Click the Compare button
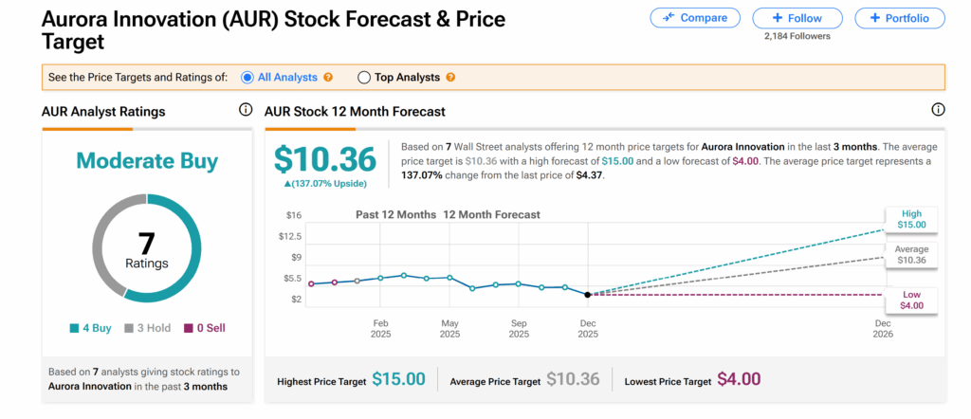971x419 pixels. (x=695, y=18)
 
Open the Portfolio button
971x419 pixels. (x=900, y=18)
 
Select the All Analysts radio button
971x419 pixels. (x=248, y=77)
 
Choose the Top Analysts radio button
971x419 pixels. (x=364, y=77)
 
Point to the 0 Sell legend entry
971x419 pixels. (x=203, y=328)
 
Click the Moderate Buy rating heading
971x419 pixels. (x=147, y=161)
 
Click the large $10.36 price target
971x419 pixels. (x=324, y=158)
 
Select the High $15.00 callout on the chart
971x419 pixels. (x=912, y=219)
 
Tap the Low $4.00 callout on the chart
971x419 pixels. (x=912, y=301)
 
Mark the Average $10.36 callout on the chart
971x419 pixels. (x=912, y=254)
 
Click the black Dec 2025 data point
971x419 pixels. (x=588, y=295)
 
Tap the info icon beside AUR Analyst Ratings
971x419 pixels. (x=246, y=111)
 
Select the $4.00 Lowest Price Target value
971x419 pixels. (x=738, y=379)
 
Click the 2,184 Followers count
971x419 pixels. (x=797, y=37)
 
